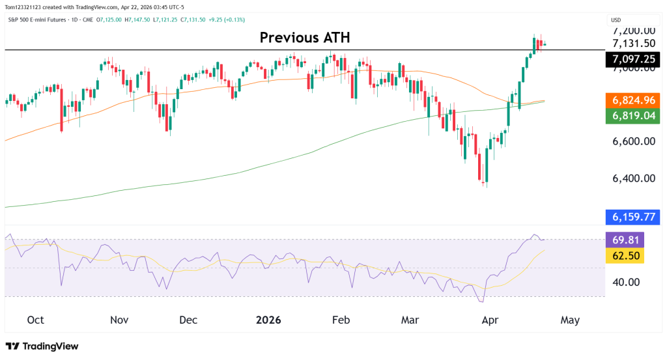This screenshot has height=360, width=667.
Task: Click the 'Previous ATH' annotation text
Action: coord(305,38)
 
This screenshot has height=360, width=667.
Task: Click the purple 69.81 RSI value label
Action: coord(625,240)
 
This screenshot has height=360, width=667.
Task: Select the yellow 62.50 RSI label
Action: coord(625,255)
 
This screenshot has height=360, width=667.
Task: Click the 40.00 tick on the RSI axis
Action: coord(625,282)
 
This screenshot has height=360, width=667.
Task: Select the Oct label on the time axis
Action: coord(36,320)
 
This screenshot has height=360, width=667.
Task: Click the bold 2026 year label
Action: coord(268,320)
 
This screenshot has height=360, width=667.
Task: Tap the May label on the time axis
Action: coord(569,320)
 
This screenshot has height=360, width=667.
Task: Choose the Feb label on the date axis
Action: coord(341,320)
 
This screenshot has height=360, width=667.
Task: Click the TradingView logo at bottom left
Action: coord(42,346)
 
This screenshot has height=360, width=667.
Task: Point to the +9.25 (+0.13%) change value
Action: coord(225,20)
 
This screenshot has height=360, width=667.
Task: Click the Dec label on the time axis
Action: coord(188,320)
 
